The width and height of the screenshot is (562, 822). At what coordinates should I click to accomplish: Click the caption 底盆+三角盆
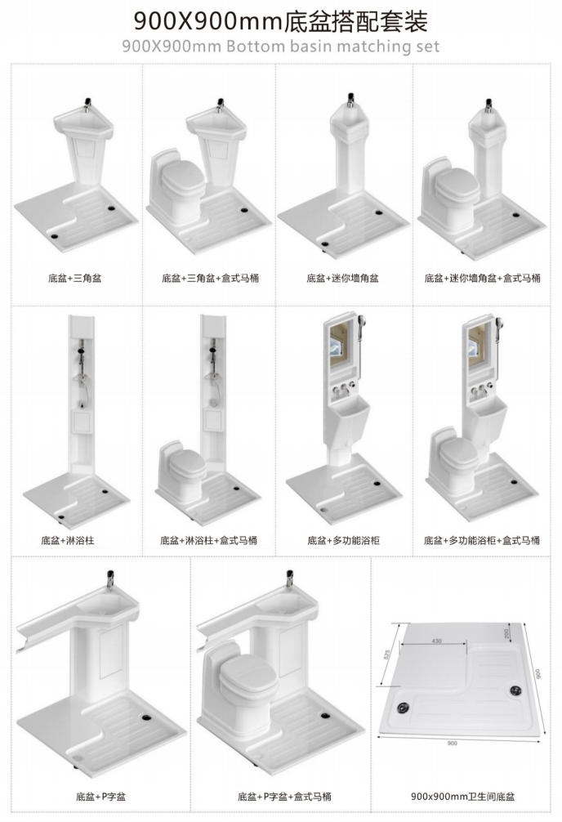[75, 279]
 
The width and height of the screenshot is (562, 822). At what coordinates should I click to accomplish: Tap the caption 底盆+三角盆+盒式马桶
[210, 279]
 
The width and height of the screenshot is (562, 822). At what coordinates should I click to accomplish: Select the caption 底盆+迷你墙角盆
[343, 279]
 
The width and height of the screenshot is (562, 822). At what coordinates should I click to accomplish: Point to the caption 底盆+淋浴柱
[68, 540]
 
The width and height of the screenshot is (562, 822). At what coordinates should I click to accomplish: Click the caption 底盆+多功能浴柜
[343, 540]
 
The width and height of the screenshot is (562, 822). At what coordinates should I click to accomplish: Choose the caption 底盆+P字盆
[100, 797]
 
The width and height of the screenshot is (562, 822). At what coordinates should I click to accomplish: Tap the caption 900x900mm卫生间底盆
[462, 797]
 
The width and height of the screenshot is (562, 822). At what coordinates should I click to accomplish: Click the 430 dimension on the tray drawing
[437, 641]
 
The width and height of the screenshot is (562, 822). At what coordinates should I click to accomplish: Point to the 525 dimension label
[387, 654]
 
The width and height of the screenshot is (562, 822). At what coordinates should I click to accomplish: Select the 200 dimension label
[506, 633]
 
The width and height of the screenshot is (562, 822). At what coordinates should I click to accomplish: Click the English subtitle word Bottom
[256, 46]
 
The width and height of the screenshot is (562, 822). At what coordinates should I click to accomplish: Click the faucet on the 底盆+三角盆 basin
[88, 104]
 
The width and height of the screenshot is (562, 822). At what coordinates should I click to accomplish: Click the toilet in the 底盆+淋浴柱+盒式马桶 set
[181, 472]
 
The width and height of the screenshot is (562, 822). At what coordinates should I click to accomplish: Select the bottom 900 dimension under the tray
[452, 743]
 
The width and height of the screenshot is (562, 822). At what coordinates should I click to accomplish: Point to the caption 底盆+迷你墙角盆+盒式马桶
[482, 279]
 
